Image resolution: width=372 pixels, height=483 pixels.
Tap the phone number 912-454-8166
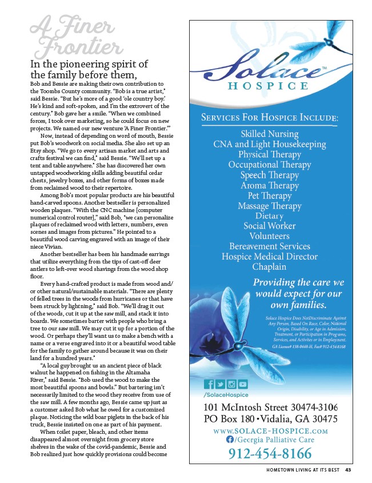coord(270,454)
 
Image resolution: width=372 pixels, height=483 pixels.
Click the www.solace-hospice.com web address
coord(270,429)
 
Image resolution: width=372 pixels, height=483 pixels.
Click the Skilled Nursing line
coord(270,134)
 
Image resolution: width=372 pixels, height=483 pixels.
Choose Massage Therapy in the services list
coord(269,206)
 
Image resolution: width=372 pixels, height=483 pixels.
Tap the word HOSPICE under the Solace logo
coord(270,86)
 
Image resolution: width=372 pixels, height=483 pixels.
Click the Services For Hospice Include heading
coord(270,117)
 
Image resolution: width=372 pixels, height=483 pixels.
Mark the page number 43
coord(349,471)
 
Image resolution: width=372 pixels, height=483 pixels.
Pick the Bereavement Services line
coord(270,246)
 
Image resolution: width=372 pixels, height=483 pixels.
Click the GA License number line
coord(308,347)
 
